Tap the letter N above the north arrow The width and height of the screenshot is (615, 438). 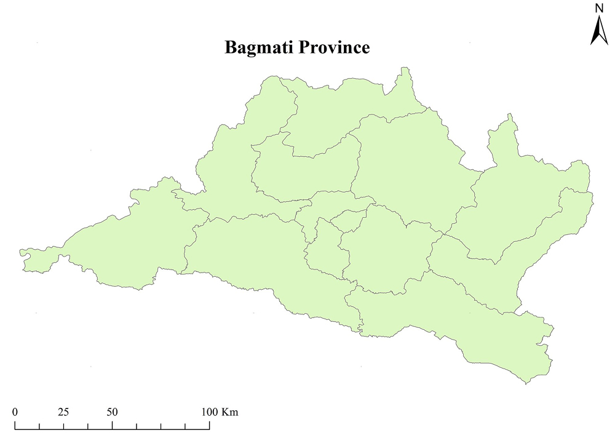(x=598, y=9)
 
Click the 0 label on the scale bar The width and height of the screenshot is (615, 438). (x=15, y=412)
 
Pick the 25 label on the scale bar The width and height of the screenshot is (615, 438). (x=63, y=412)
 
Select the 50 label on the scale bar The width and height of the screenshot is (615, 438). (x=112, y=412)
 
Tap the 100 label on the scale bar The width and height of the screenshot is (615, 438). (x=209, y=412)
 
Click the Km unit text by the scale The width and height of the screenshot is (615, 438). (x=229, y=412)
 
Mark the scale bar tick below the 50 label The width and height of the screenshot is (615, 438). (x=112, y=425)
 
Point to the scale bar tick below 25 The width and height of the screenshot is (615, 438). (x=63, y=425)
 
